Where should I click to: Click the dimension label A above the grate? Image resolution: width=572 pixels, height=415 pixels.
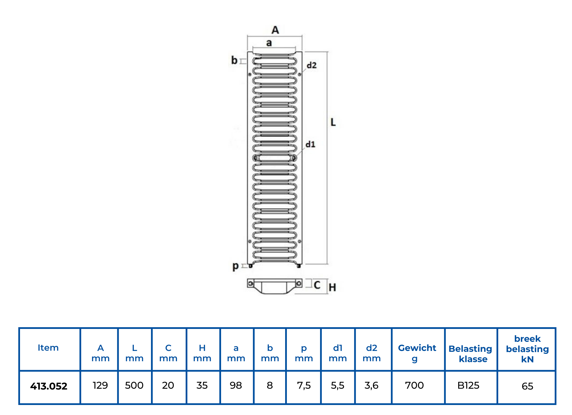pyautogui.click(x=275, y=30)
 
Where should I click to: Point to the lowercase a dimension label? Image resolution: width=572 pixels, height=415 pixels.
pyautogui.click(x=269, y=43)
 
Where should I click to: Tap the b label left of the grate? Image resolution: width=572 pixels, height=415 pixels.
pyautogui.click(x=234, y=60)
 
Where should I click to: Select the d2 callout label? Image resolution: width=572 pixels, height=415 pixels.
pyautogui.click(x=311, y=65)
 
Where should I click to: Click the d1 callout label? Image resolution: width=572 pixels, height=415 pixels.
pyautogui.click(x=310, y=144)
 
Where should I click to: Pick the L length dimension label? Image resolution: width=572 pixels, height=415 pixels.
pyautogui.click(x=333, y=122)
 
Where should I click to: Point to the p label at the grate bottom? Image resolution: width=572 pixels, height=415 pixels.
pyautogui.click(x=235, y=266)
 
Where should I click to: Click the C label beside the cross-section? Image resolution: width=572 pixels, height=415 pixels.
pyautogui.click(x=317, y=285)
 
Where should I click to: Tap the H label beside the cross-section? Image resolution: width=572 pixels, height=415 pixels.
pyautogui.click(x=332, y=287)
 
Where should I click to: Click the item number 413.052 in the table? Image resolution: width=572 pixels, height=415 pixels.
pyautogui.click(x=49, y=386)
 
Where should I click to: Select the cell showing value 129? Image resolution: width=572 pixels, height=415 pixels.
pyautogui.click(x=100, y=386)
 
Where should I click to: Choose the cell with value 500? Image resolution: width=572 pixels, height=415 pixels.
pyautogui.click(x=134, y=386)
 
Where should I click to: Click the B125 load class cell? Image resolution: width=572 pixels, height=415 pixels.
pyautogui.click(x=468, y=386)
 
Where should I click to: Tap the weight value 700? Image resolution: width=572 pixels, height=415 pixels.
pyautogui.click(x=414, y=386)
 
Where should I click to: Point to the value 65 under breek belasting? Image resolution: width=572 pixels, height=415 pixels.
pyautogui.click(x=527, y=386)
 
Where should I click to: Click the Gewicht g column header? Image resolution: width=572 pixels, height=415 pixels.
pyautogui.click(x=417, y=353)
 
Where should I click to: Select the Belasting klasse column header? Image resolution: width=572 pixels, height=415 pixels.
pyautogui.click(x=470, y=354)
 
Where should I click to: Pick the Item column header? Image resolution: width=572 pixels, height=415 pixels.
pyautogui.click(x=48, y=348)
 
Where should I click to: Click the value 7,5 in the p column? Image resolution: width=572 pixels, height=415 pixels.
pyautogui.click(x=304, y=386)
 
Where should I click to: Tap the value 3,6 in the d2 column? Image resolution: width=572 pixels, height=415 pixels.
pyautogui.click(x=372, y=386)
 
